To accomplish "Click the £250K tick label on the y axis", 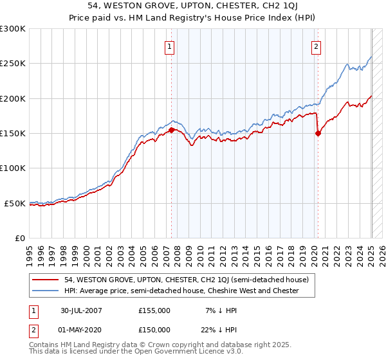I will [x=13, y=64].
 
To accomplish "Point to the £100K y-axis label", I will [x=13, y=168].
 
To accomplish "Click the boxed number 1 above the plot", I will [x=170, y=46].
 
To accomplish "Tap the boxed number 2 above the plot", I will [x=317, y=46].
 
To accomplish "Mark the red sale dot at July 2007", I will [x=171, y=130].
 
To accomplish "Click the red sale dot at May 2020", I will [x=318, y=134].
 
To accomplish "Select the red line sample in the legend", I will [x=46, y=280].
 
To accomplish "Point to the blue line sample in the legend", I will [x=46, y=291].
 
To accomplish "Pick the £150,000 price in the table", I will [x=154, y=329].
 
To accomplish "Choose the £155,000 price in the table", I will [x=154, y=311].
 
